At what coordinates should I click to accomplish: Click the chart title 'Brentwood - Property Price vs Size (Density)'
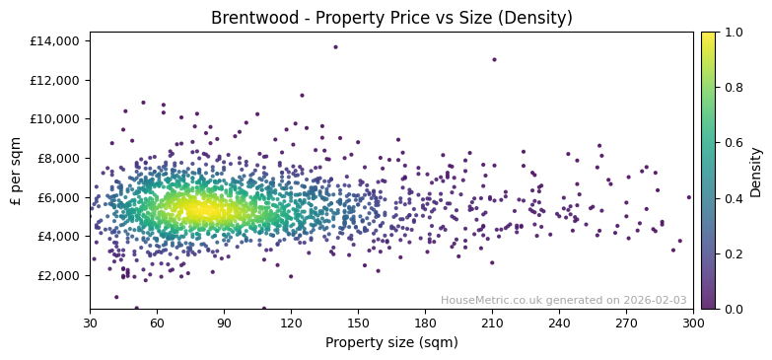click(391, 18)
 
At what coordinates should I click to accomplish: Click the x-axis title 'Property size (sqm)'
click(391, 343)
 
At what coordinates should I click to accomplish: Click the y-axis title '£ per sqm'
click(17, 170)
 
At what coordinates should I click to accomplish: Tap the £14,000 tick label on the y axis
click(55, 41)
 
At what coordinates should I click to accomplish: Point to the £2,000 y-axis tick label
click(59, 275)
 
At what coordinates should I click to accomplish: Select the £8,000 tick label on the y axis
click(59, 158)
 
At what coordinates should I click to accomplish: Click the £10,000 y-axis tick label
click(55, 119)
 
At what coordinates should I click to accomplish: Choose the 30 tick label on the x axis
click(90, 323)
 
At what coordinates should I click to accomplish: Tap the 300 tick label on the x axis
click(693, 323)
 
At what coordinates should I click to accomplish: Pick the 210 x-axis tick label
click(492, 323)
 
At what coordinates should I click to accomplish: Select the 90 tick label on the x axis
click(224, 323)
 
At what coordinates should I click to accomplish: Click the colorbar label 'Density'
click(756, 171)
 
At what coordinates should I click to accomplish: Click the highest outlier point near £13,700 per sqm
click(335, 47)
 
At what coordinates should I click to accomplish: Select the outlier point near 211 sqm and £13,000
click(494, 60)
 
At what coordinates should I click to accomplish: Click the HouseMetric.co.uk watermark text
click(563, 300)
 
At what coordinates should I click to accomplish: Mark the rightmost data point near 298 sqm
click(689, 197)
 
